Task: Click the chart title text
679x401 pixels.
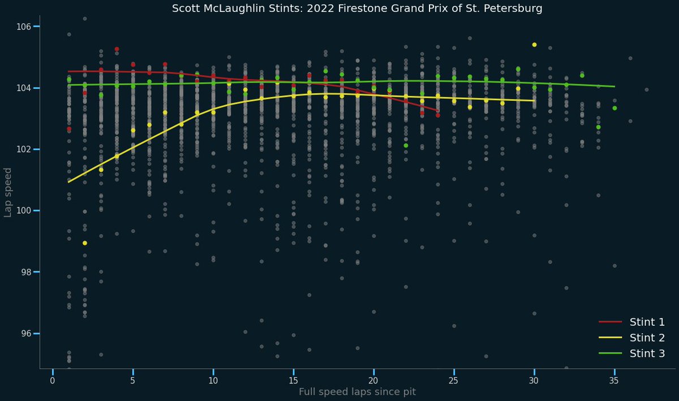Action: pos(356,9)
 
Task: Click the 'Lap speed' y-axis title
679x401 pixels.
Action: pos(8,192)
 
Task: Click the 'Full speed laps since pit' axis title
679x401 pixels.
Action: pos(357,392)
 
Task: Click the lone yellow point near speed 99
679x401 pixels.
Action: pos(85,243)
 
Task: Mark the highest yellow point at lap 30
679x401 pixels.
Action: pos(534,45)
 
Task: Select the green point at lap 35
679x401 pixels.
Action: pos(614,108)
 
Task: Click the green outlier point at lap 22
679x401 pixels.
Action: pos(406,145)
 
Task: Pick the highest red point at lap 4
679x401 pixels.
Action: pos(117,49)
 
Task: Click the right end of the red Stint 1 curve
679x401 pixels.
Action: pos(438,111)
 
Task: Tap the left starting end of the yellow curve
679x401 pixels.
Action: pos(68,182)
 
